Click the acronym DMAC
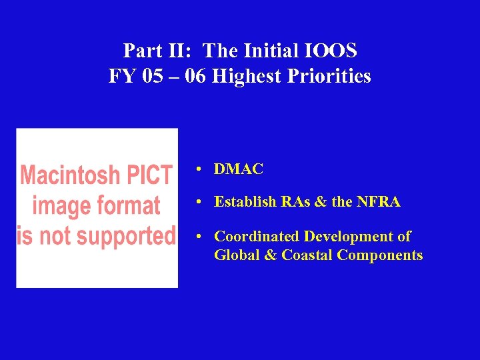click(239, 169)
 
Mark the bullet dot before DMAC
click(199, 170)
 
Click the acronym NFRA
click(379, 202)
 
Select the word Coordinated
click(257, 237)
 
